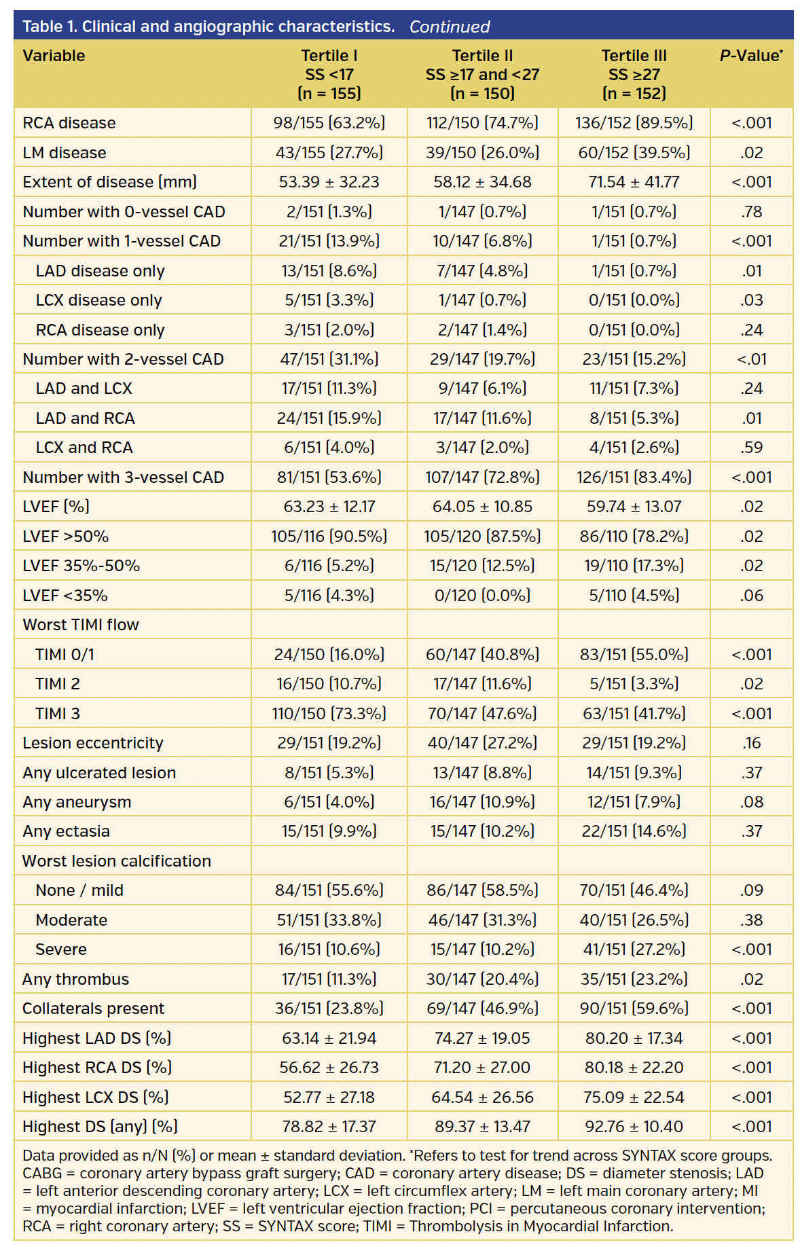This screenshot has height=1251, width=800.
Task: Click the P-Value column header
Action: tap(751, 56)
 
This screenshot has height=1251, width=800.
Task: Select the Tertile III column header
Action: tap(634, 74)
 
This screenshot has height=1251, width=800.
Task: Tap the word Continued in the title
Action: tap(449, 27)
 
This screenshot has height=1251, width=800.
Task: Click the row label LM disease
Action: tap(65, 153)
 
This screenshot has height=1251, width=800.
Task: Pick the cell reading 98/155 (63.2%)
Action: tap(329, 123)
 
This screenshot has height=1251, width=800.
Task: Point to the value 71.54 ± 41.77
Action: tap(634, 182)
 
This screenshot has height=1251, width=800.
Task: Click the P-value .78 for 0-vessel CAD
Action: tap(751, 212)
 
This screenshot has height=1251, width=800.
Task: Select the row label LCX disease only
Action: tap(99, 300)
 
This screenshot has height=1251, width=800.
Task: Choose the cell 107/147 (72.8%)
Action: tap(482, 477)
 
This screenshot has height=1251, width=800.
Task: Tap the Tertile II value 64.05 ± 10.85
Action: tap(482, 507)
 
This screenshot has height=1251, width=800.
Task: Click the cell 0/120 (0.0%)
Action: tap(482, 596)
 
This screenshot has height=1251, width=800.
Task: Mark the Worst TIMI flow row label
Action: tap(81, 625)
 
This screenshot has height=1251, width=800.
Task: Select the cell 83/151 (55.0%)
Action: tap(634, 655)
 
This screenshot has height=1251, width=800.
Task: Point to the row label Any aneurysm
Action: tap(77, 802)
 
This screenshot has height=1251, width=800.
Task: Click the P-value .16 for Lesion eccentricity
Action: tap(751, 743)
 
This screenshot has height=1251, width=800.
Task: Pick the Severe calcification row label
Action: tap(61, 949)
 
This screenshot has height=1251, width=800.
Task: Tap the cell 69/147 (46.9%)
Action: tap(482, 1009)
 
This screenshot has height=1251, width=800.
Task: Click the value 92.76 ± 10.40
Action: tap(634, 1127)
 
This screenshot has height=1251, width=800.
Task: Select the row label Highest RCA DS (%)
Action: tap(97, 1068)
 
